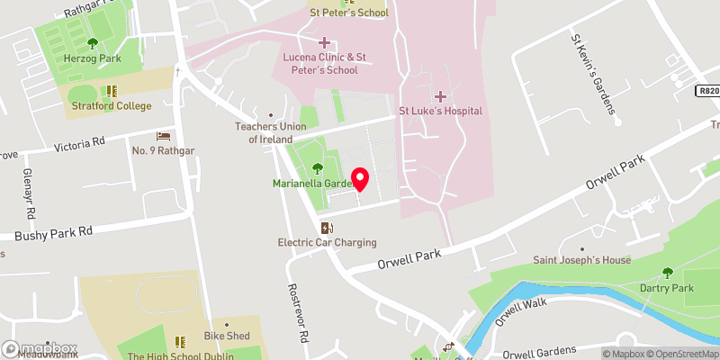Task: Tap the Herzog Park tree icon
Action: pyautogui.click(x=92, y=43)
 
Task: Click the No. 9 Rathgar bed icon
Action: pyautogui.click(x=163, y=135)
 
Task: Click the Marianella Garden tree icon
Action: pyautogui.click(x=317, y=168)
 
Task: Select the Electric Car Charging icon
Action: pyautogui.click(x=327, y=229)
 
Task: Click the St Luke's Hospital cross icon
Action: pyautogui.click(x=440, y=96)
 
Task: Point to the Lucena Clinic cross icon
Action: pyautogui.click(x=324, y=42)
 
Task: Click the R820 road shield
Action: pyautogui.click(x=708, y=91)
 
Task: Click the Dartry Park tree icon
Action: pyautogui.click(x=667, y=273)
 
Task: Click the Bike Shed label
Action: pyautogui.click(x=226, y=336)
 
